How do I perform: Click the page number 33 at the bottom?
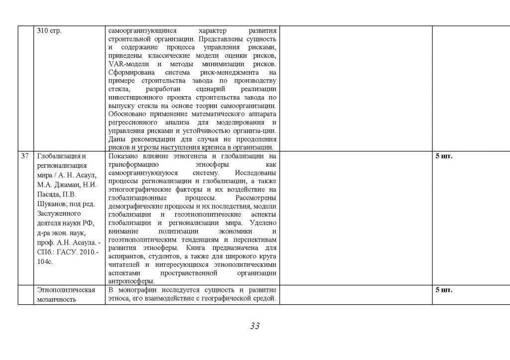point(255,327)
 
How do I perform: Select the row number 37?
point(25,156)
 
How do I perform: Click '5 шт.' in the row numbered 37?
point(444,156)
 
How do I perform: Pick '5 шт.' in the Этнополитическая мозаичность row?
point(444,290)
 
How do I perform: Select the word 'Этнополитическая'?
point(66,290)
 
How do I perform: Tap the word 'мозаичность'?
point(56,299)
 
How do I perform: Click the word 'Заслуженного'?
point(58,214)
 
